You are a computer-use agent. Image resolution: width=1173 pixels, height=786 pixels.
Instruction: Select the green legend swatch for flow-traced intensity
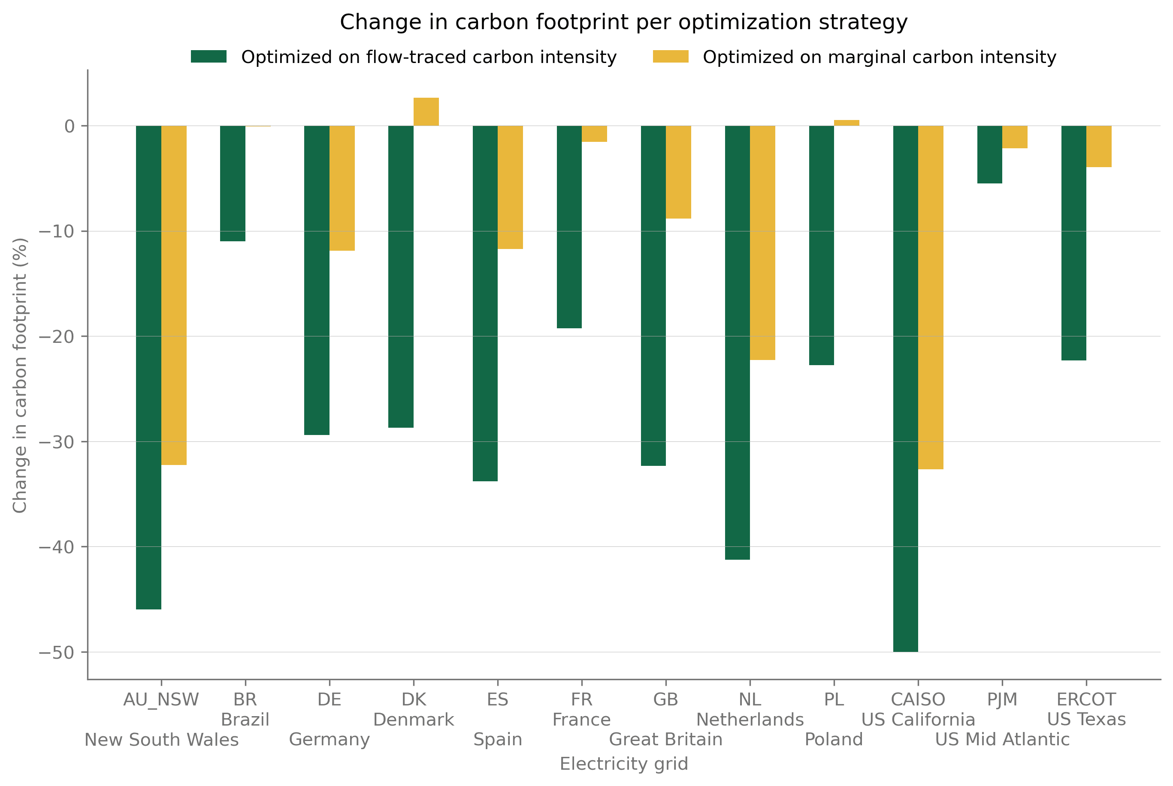click(209, 57)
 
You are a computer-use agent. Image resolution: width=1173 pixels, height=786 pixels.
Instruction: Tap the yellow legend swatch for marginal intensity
click(670, 57)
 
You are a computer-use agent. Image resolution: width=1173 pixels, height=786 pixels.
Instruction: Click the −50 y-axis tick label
click(56, 652)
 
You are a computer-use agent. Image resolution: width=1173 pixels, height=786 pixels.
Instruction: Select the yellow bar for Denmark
click(426, 112)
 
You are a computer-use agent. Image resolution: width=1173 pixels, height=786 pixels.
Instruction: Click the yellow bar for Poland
click(846, 123)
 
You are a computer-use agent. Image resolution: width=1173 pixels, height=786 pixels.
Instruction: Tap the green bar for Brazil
click(233, 183)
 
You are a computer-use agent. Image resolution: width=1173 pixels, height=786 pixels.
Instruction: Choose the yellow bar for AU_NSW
click(174, 295)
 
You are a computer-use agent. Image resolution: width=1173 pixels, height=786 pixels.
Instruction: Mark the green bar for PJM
click(989, 154)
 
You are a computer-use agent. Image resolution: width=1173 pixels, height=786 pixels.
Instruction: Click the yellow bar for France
click(594, 134)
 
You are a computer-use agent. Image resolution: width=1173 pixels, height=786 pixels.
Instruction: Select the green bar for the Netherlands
click(737, 343)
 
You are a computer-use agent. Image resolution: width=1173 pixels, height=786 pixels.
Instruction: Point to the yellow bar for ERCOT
click(1099, 147)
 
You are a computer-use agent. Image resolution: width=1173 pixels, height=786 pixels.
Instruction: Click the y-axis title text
click(20, 375)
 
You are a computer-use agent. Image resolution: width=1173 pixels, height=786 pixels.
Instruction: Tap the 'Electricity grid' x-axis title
click(624, 764)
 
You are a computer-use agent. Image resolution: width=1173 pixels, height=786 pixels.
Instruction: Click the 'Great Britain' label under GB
click(665, 739)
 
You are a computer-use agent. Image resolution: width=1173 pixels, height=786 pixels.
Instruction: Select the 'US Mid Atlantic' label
click(1002, 739)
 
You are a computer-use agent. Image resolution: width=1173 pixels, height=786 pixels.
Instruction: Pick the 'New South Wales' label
click(161, 739)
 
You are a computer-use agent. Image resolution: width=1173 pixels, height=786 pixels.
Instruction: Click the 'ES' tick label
click(497, 699)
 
